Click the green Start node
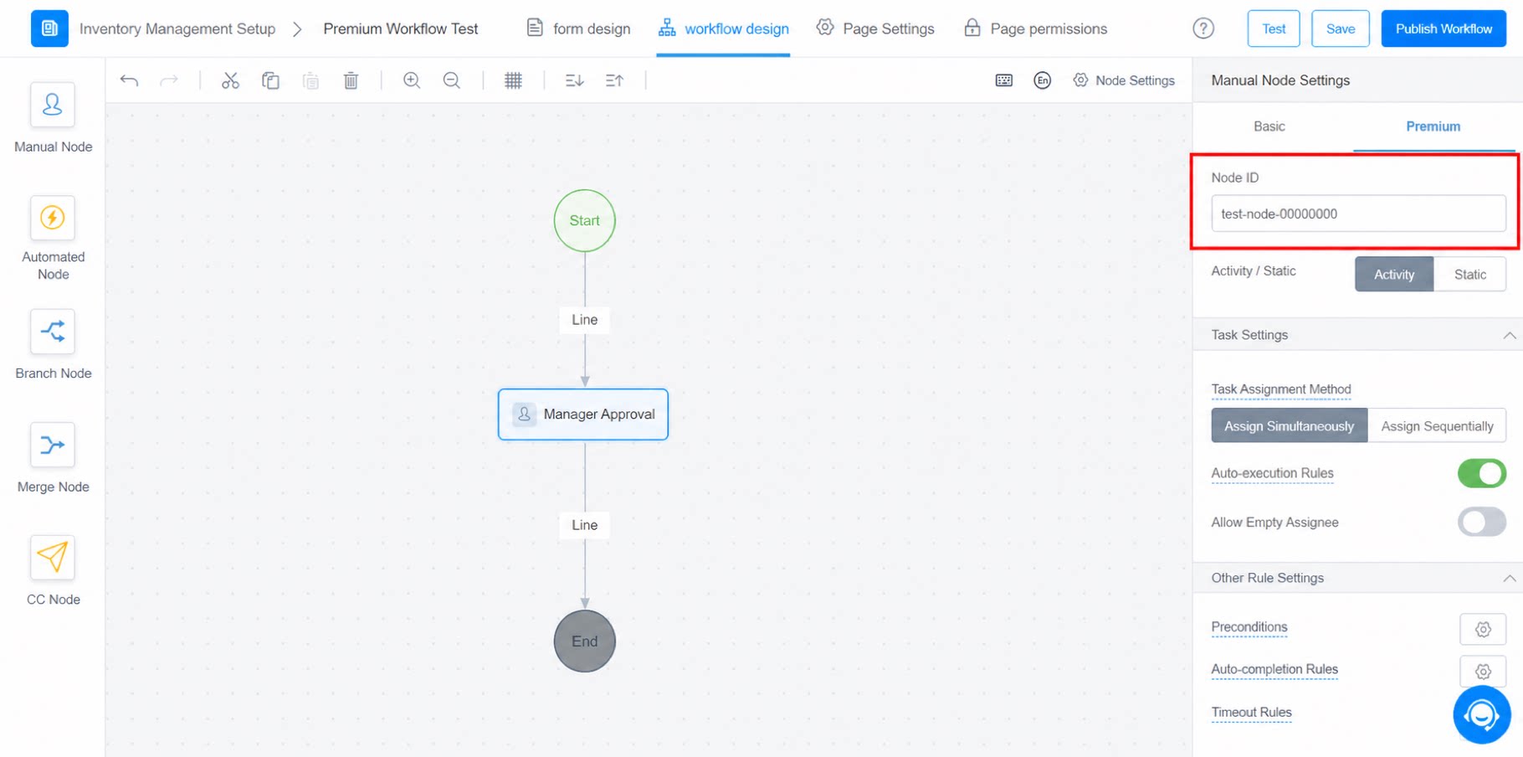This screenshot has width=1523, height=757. pos(584,220)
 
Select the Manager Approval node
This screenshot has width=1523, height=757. pos(583,414)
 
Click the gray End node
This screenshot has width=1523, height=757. pos(584,641)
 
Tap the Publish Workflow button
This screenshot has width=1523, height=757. pos(1444,28)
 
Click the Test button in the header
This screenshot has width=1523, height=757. pos(1274,28)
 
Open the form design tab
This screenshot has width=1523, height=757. pos(578,28)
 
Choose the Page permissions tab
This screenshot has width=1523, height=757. pos(1035,28)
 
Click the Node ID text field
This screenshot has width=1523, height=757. pos(1358,214)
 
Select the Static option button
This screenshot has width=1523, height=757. pos(1469,274)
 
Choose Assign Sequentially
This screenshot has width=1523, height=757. pos(1437,425)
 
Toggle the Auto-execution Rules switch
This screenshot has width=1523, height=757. pos(1481,473)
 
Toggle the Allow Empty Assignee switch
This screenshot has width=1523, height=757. pos(1481,522)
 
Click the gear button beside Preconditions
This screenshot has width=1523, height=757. pos(1483,629)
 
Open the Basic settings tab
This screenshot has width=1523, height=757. pos(1269,126)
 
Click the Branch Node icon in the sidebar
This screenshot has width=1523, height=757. pos(53,331)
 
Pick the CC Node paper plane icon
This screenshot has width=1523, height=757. pos(53,557)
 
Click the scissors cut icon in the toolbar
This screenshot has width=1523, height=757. pos(230,80)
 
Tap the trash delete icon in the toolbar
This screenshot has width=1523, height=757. pos(351,80)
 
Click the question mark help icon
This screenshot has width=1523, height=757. pos(1203,28)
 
